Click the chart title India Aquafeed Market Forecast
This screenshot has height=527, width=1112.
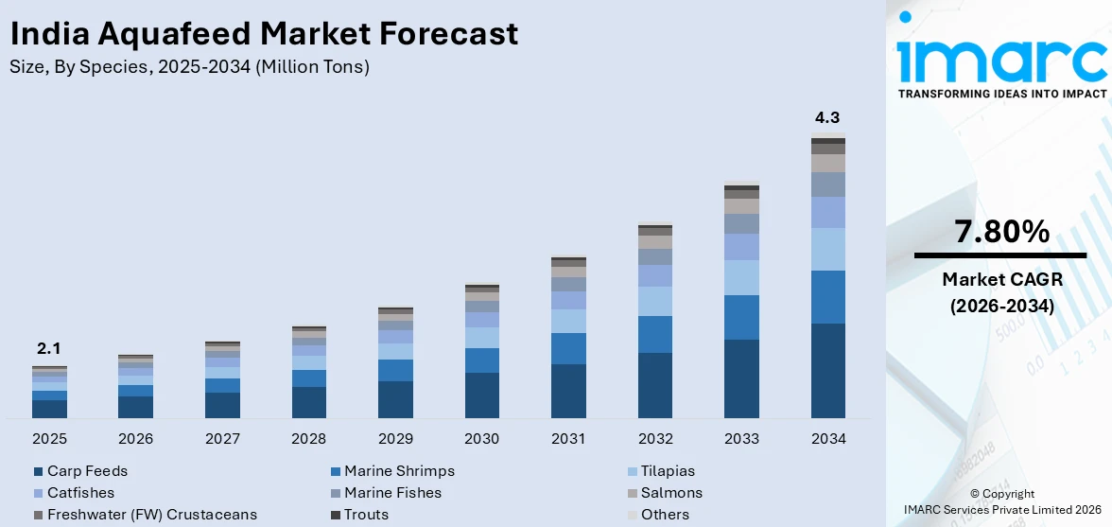tap(264, 34)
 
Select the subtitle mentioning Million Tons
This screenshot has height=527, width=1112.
tap(189, 67)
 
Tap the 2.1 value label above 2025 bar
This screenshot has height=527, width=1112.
tap(48, 348)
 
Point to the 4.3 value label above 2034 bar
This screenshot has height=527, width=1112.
tap(827, 118)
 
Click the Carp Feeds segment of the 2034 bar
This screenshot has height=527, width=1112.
tap(828, 370)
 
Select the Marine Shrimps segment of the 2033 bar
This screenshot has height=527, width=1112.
tap(741, 317)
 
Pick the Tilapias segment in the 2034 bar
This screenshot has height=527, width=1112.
tap(828, 249)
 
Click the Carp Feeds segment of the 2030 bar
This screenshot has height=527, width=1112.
tap(481, 395)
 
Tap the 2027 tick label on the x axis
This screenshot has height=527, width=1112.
tap(222, 439)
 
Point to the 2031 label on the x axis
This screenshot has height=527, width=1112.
tap(568, 439)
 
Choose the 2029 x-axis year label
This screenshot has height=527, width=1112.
tap(395, 439)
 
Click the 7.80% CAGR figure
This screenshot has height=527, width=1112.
tap(1001, 232)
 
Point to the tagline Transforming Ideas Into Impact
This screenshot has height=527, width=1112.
tap(1001, 94)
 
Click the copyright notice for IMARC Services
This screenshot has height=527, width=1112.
tap(1001, 501)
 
